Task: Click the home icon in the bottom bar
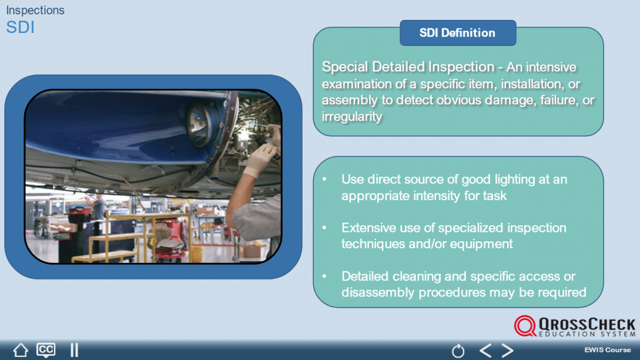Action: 21,350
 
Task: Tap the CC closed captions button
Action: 46,350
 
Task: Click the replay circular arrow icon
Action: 458,351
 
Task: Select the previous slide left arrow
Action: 485,350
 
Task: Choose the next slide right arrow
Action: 508,350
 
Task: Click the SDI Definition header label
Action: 457,33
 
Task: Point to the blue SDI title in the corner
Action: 21,27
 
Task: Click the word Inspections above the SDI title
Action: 35,10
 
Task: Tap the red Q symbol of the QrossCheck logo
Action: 525,326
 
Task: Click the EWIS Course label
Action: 607,350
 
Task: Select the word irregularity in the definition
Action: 352,116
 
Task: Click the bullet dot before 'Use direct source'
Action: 324,179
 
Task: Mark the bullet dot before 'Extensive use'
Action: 324,228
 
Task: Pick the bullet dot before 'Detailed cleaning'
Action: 324,276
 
